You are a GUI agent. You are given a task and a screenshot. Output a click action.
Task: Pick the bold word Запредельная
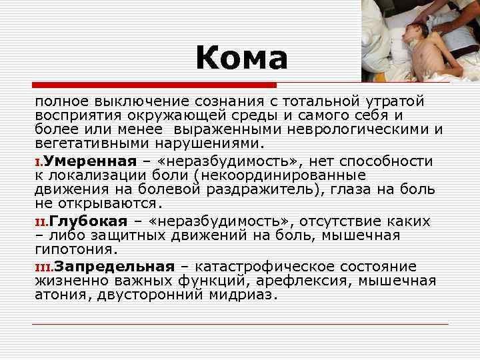[114, 267]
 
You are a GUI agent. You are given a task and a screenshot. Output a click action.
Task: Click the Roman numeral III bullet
[44, 267]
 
